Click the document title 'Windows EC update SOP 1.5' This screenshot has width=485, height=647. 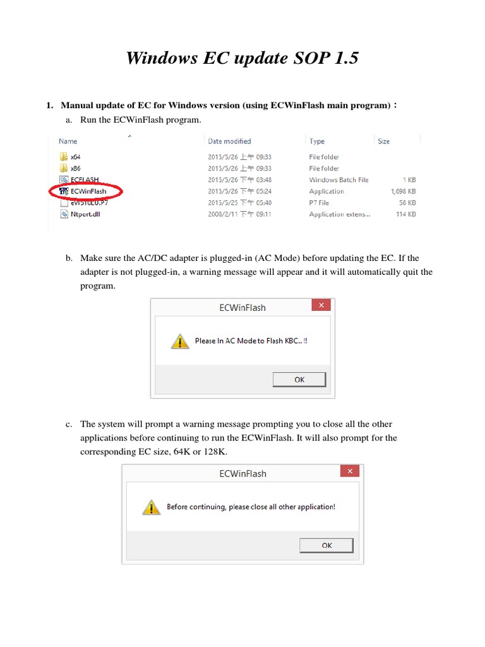tap(242, 58)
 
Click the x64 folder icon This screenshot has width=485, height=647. tap(64, 157)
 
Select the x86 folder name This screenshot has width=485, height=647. tap(76, 169)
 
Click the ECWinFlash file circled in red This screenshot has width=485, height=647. tap(88, 191)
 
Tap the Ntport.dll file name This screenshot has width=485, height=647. tap(84, 214)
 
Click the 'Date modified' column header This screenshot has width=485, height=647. tap(229, 142)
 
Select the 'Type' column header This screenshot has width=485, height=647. tap(317, 142)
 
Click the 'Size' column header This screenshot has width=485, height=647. tap(383, 142)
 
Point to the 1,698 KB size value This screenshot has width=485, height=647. tap(403, 191)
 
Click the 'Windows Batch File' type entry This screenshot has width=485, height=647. tap(338, 180)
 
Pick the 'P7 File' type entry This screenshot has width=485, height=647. tap(319, 203)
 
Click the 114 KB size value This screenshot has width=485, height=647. tap(405, 214)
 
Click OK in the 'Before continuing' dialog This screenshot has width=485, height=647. tap(326, 545)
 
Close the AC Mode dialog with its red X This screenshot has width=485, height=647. tap(321, 306)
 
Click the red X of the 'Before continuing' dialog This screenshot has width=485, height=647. tap(349, 471)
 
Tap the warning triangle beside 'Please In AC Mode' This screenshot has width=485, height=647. tap(180, 342)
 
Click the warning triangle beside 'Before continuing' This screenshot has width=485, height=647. tap(151, 507)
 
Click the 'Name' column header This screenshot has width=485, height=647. tap(68, 142)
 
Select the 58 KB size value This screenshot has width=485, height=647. tap(407, 203)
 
